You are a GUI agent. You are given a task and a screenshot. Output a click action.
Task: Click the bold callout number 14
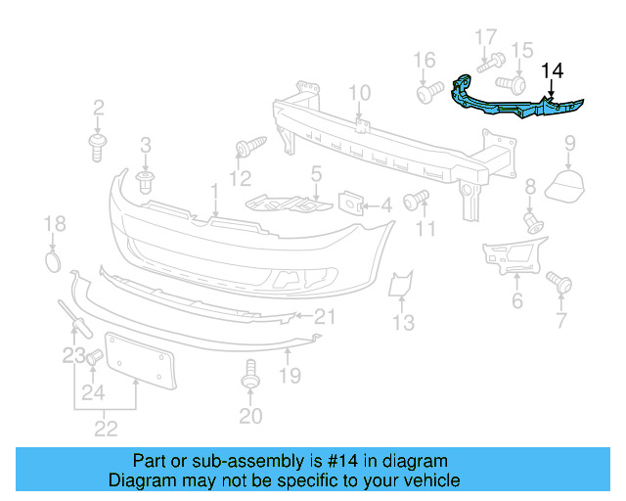click(x=553, y=70)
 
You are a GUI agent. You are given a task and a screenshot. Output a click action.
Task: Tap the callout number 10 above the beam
click(x=359, y=94)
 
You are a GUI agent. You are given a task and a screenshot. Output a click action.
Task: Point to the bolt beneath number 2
click(x=99, y=147)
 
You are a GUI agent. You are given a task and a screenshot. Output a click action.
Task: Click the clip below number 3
click(x=148, y=182)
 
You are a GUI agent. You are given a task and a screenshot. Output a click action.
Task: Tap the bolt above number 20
click(x=250, y=376)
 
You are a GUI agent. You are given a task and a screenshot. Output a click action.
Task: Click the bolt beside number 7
click(x=559, y=283)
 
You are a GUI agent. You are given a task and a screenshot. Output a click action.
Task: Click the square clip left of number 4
click(x=350, y=204)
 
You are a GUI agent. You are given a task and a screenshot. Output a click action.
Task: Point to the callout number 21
click(x=324, y=316)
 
